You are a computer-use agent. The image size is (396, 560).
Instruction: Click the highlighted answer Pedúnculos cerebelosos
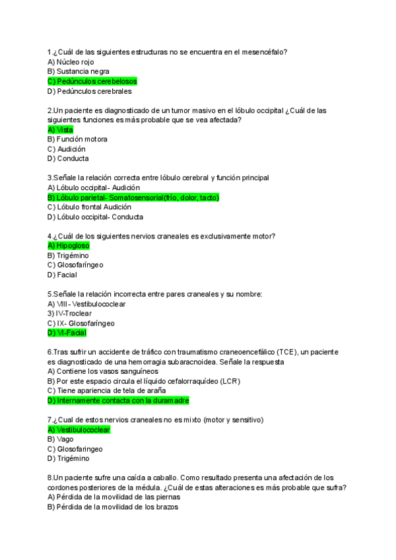92,81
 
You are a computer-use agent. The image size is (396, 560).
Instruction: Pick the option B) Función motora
77,139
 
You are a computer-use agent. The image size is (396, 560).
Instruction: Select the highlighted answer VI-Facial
67,333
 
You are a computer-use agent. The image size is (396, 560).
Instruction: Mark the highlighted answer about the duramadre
118,400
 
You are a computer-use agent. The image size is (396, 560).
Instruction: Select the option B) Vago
60,439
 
